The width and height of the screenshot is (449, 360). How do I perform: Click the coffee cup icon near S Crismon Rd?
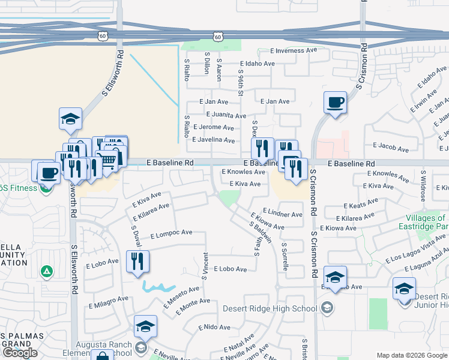335,102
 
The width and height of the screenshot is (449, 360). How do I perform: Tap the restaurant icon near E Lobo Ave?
138,262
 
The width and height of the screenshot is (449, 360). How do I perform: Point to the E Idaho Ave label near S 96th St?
257,64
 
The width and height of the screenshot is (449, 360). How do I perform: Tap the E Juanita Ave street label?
226,115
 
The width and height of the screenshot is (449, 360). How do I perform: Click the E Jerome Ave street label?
216,128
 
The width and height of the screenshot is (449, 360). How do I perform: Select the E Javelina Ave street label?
213,140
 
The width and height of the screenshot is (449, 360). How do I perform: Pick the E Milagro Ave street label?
109,298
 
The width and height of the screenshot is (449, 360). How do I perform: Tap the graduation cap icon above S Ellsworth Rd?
70,118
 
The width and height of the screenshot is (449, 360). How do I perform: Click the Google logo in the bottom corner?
20,352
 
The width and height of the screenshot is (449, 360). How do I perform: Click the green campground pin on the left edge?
46,272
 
